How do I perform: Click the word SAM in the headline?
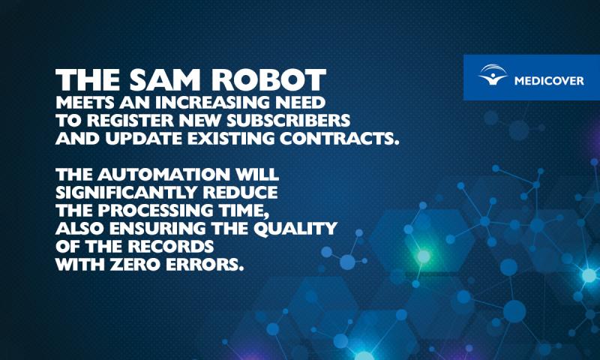click(x=165, y=80)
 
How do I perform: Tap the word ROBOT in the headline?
click(x=268, y=80)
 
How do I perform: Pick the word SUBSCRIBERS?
click(x=288, y=121)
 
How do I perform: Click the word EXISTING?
click(x=231, y=139)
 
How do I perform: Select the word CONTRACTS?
click(x=340, y=139)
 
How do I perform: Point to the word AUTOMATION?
click(x=163, y=175)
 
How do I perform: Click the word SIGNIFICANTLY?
click(x=126, y=193)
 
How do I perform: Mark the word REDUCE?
click(x=240, y=193)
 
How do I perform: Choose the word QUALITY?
click(x=295, y=229)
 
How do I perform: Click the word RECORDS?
click(x=171, y=247)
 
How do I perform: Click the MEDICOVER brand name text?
click(x=549, y=81)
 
